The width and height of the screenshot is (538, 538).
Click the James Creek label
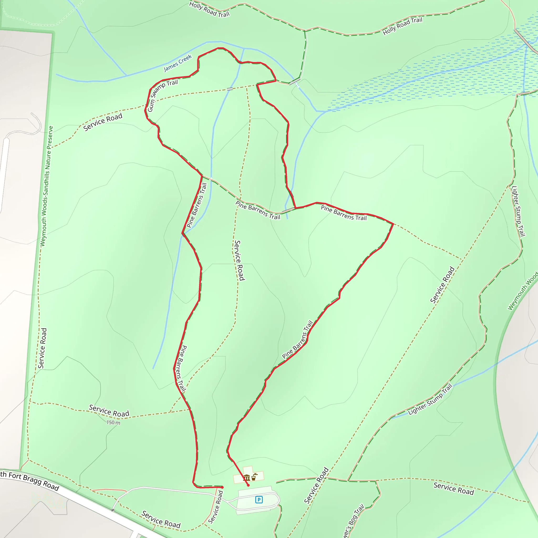[x=178, y=63]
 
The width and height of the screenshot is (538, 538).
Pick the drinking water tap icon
[x=254, y=477]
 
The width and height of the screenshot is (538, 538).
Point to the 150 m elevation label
[x=113, y=422]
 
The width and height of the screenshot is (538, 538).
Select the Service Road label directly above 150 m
[x=109, y=411]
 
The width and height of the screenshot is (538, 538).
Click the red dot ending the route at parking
[x=248, y=485]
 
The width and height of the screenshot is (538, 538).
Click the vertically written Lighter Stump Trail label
[x=519, y=211]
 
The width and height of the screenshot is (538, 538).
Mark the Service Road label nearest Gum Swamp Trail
[x=103, y=122]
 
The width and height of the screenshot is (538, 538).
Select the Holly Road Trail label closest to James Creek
[x=209, y=9]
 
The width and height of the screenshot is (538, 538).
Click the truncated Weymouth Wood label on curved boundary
[x=522, y=291]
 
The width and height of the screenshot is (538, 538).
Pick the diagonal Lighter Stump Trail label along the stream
[x=430, y=400]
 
